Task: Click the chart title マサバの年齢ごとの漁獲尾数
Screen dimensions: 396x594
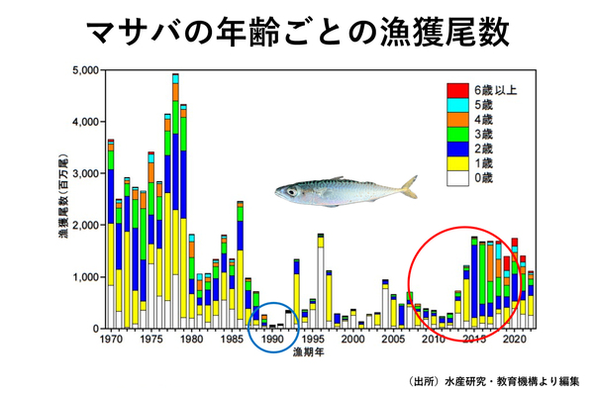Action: pyautogui.click(x=297, y=31)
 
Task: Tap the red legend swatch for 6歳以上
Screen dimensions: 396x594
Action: pyautogui.click(x=455, y=90)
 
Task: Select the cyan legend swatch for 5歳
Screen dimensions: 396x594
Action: pyautogui.click(x=455, y=105)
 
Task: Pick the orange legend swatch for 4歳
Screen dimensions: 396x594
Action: pyautogui.click(x=455, y=120)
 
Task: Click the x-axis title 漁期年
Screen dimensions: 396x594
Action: pyautogui.click(x=310, y=354)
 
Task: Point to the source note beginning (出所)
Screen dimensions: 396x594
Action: pyautogui.click(x=493, y=380)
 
